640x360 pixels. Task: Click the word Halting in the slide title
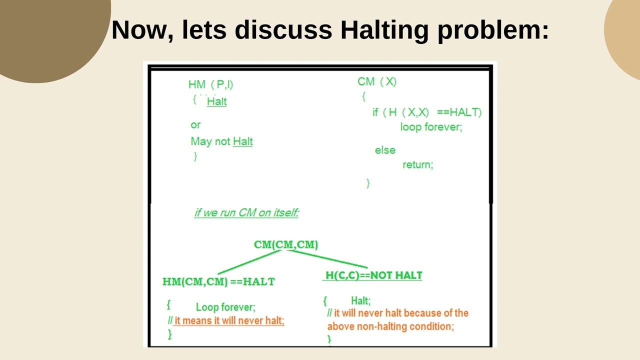[x=384, y=30]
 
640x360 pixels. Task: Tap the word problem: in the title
[x=493, y=30]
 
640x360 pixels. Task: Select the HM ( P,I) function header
[x=211, y=84]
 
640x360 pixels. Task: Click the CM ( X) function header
[x=377, y=81]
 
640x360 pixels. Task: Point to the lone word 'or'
[x=195, y=125]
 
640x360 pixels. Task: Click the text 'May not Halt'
[x=221, y=141]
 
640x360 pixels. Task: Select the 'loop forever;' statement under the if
[x=431, y=127]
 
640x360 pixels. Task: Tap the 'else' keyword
[x=385, y=150]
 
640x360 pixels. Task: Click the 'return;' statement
[x=418, y=165]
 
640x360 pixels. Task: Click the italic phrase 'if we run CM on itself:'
[x=246, y=212]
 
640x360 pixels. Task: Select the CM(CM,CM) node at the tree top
[x=286, y=244]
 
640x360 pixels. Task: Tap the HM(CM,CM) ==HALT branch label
[x=218, y=281]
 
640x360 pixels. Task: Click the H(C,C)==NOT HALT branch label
[x=373, y=275]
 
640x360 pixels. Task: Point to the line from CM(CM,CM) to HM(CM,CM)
[x=249, y=262]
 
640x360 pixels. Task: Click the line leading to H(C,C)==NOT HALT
[x=327, y=259]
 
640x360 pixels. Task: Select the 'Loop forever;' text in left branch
[x=225, y=307]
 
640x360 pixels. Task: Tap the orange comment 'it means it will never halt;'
[x=229, y=320]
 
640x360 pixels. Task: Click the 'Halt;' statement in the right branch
[x=361, y=300]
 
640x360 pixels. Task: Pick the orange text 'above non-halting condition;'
[x=390, y=326]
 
